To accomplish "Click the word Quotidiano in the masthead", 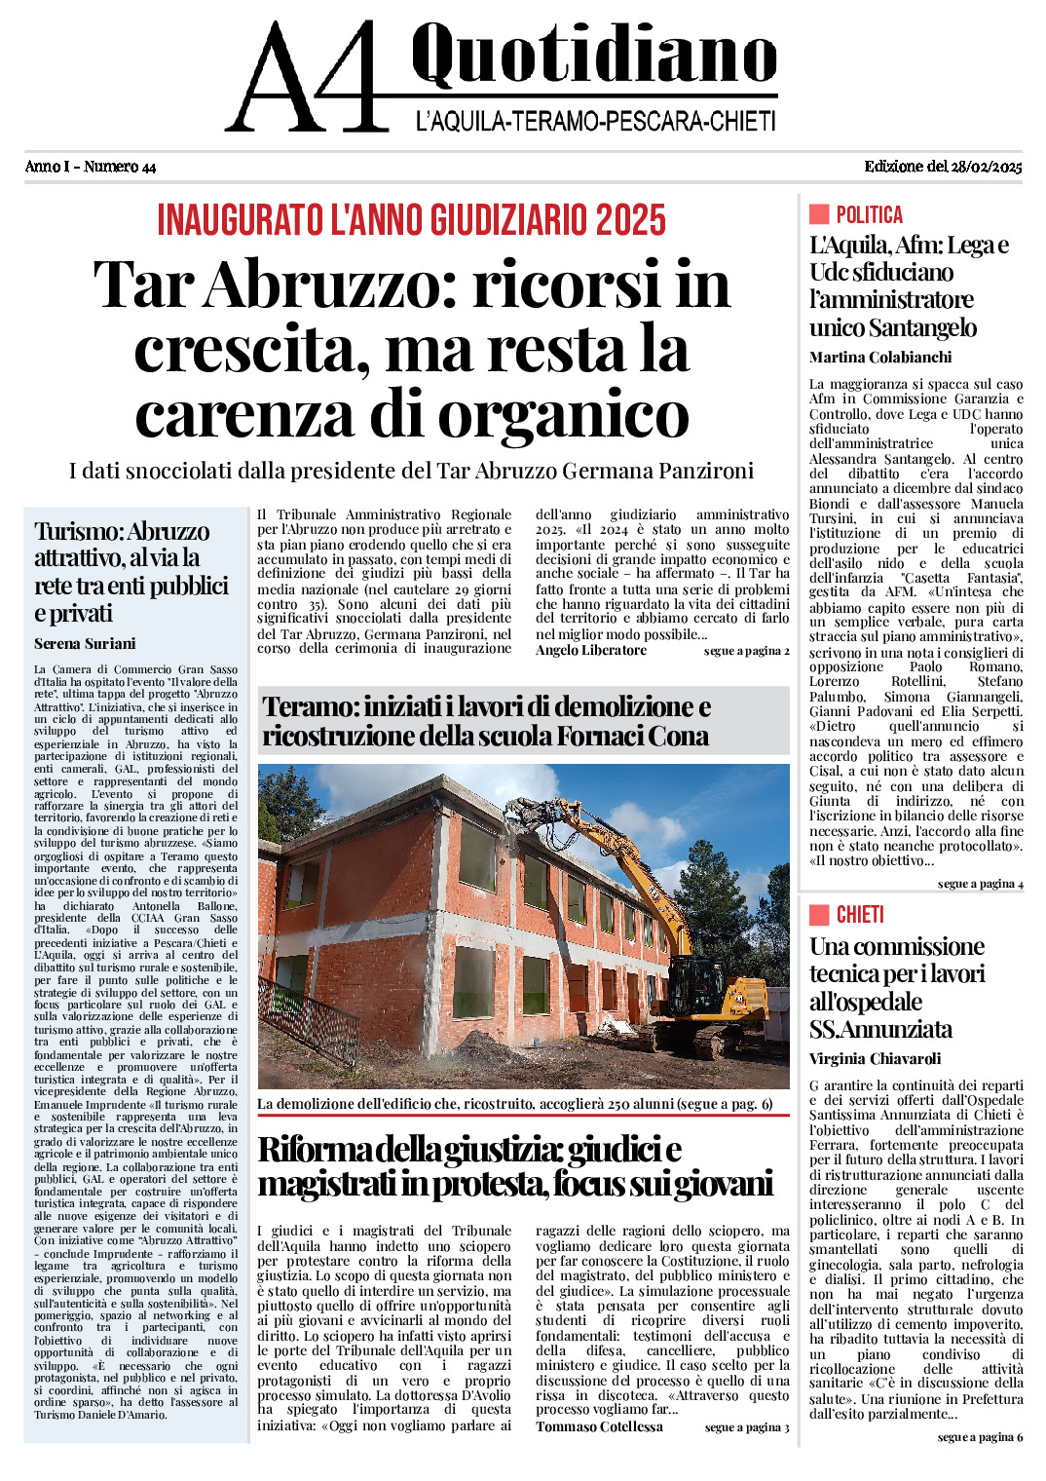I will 593,56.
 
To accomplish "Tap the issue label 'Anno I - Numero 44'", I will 91,167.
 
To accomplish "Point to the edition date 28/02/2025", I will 986,167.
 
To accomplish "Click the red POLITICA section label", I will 869,214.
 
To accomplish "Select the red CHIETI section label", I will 860,914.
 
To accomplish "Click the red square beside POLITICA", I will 819,214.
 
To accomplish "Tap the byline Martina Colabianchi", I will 880,357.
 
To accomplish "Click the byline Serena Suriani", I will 85,643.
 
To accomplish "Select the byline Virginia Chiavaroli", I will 876,1058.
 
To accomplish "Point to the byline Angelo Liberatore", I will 591,650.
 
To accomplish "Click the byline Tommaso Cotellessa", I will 599,1426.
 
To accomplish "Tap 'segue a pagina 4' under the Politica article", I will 980,884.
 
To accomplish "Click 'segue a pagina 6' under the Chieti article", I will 980,1437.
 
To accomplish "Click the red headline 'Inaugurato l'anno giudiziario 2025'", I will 412,220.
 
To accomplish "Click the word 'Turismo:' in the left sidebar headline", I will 79,531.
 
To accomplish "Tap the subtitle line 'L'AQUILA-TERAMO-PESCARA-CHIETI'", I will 595,122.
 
